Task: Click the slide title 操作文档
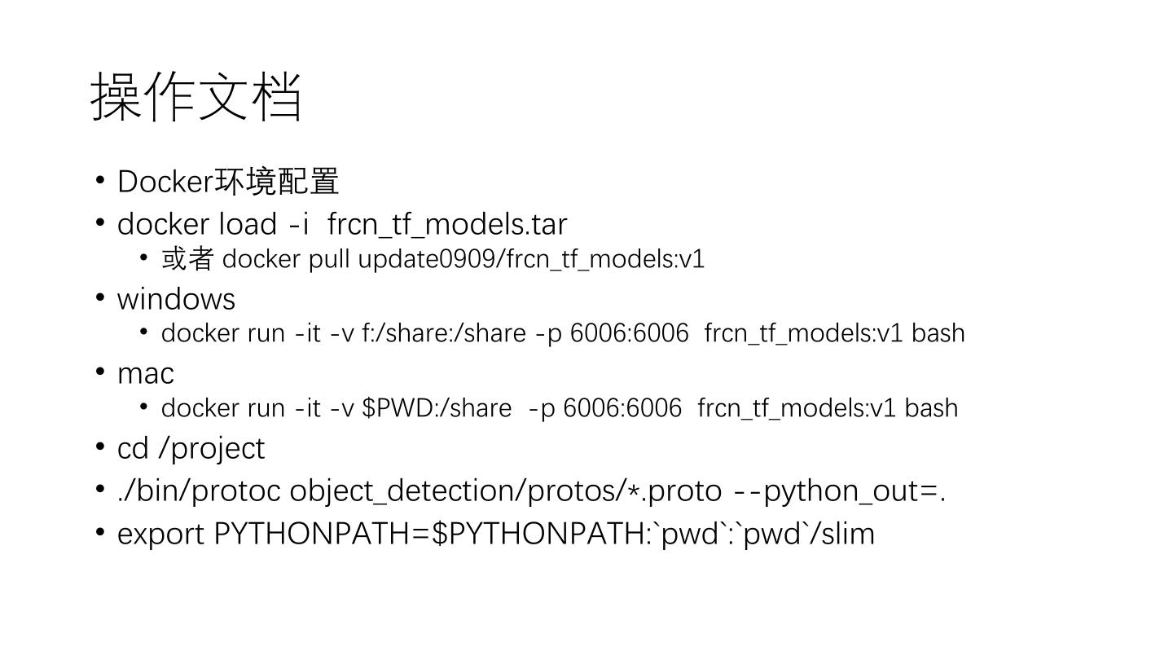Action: tap(196, 96)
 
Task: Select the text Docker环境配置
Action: tap(228, 182)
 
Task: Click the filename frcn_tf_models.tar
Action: tap(447, 224)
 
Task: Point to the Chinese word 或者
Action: tap(187, 259)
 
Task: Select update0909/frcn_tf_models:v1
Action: tap(531, 259)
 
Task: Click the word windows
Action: tap(176, 299)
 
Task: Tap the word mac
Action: tap(146, 373)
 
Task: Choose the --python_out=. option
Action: tap(839, 491)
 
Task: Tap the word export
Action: tap(160, 534)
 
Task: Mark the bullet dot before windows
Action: tap(100, 297)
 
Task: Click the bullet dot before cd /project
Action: tap(100, 447)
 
